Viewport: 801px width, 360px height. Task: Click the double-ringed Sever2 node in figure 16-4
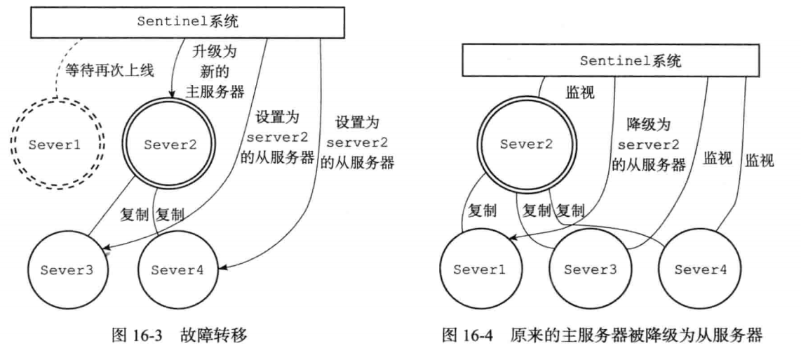(x=523, y=145)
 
